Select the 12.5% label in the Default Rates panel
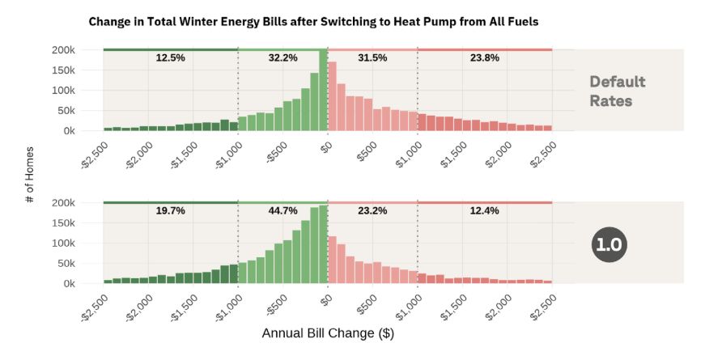[x=170, y=58]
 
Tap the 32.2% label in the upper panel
[x=282, y=58]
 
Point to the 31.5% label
[x=372, y=58]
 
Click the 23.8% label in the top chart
[x=484, y=58]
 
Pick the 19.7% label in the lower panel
[x=170, y=211]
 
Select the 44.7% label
[x=282, y=211]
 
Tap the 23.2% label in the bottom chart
[x=372, y=211]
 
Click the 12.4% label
[x=484, y=211]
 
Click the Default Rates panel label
[x=617, y=91]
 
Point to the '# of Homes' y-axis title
[x=30, y=175]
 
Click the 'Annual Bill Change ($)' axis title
[x=328, y=332]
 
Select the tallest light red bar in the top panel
[x=332, y=95]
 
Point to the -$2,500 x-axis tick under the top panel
[x=95, y=152]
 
